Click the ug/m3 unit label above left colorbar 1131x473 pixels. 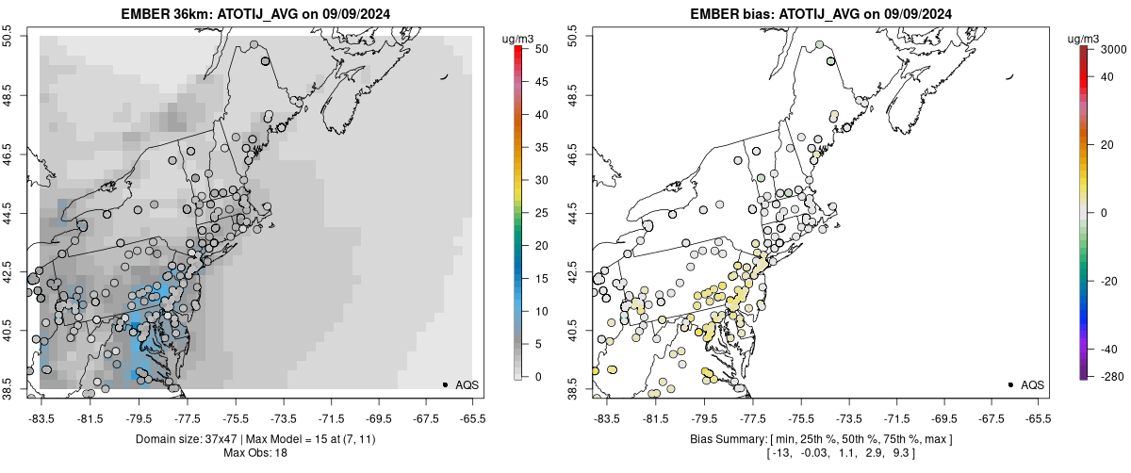(x=520, y=38)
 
